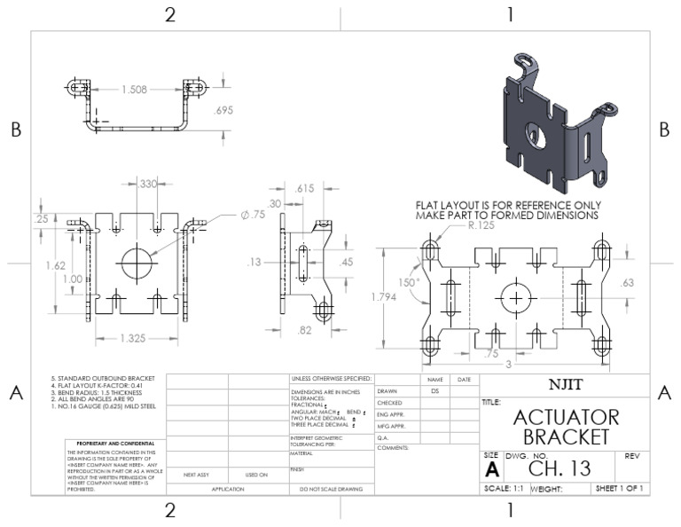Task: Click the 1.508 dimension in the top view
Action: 136,90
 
